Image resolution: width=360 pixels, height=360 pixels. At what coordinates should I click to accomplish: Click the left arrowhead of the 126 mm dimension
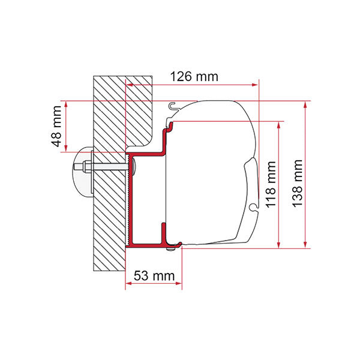(128, 85)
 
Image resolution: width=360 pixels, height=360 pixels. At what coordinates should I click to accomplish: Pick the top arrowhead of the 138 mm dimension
(305, 104)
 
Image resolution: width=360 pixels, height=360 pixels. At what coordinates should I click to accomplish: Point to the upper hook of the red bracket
(170, 127)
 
